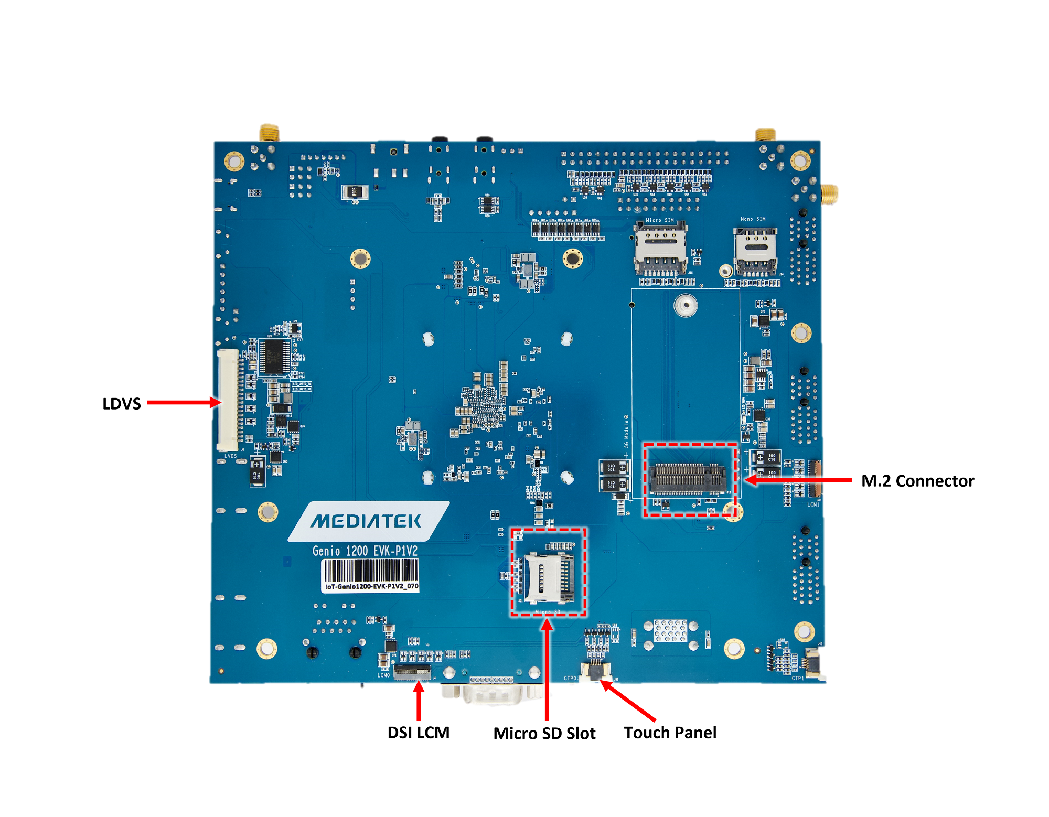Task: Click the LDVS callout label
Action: (122, 404)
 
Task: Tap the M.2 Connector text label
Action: (917, 481)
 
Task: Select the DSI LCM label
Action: (418, 733)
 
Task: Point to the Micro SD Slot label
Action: (544, 733)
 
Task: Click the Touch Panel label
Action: (670, 733)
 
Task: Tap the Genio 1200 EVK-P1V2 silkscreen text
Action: (365, 551)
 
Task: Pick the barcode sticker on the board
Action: (370, 575)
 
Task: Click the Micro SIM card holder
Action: (660, 249)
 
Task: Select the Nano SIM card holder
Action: (755, 252)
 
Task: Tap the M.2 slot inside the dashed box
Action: (688, 478)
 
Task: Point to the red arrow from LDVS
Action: (184, 403)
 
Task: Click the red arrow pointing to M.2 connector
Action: (797, 479)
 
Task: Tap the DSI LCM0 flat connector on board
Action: (412, 672)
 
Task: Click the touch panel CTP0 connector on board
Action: (596, 670)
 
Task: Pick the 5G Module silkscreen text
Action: (626, 432)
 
